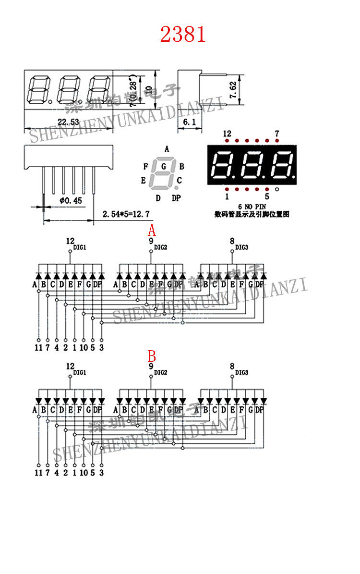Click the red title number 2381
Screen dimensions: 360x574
pyautogui.click(x=183, y=34)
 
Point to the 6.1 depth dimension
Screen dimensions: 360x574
pyautogui.click(x=190, y=122)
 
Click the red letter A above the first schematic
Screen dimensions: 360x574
pyautogui.click(x=152, y=230)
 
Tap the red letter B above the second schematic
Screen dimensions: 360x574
pyautogui.click(x=152, y=356)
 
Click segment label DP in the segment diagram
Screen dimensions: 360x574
pyautogui.click(x=176, y=198)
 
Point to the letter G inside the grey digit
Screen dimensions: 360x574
pyautogui.click(x=164, y=167)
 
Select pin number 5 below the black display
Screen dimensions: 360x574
pyautogui.click(x=267, y=196)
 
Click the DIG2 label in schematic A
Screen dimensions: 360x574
pyautogui.click(x=161, y=247)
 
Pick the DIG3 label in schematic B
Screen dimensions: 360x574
pyautogui.click(x=241, y=373)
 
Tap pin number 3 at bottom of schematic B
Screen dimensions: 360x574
pyautogui.click(x=101, y=473)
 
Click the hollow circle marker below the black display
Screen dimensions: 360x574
pyautogui.click(x=277, y=189)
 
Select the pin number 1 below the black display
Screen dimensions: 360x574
pyautogui.click(x=227, y=196)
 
